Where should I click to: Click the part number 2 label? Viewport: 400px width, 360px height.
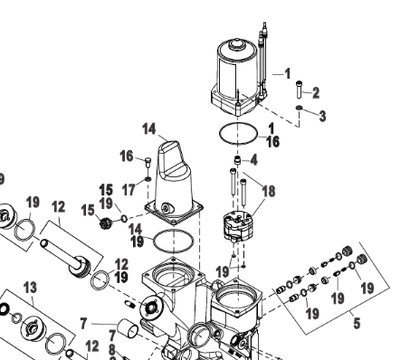[x=316, y=91]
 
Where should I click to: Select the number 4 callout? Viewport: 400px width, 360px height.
[x=254, y=160]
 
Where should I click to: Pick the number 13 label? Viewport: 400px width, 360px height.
[x=30, y=288]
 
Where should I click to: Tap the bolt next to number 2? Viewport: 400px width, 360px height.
[x=298, y=89]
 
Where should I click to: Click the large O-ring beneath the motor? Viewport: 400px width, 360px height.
[x=238, y=135]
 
